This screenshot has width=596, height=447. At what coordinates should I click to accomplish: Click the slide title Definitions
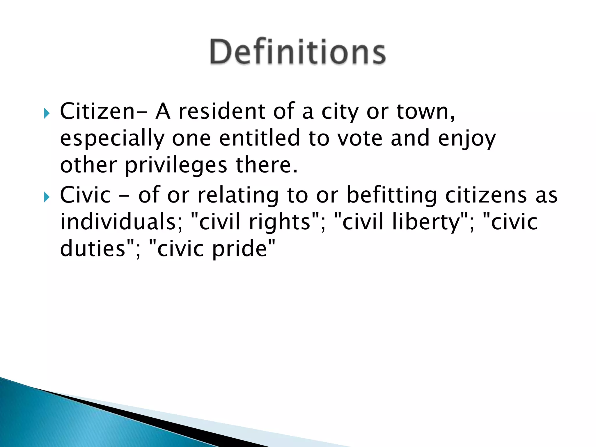click(298, 52)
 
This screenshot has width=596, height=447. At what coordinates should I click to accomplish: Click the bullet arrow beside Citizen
click(47, 113)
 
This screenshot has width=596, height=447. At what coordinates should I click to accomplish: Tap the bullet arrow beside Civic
click(47, 197)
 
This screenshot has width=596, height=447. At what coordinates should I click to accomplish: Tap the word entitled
click(259, 138)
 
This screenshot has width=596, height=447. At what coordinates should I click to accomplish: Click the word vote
click(360, 139)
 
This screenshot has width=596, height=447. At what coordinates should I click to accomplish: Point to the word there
click(266, 165)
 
